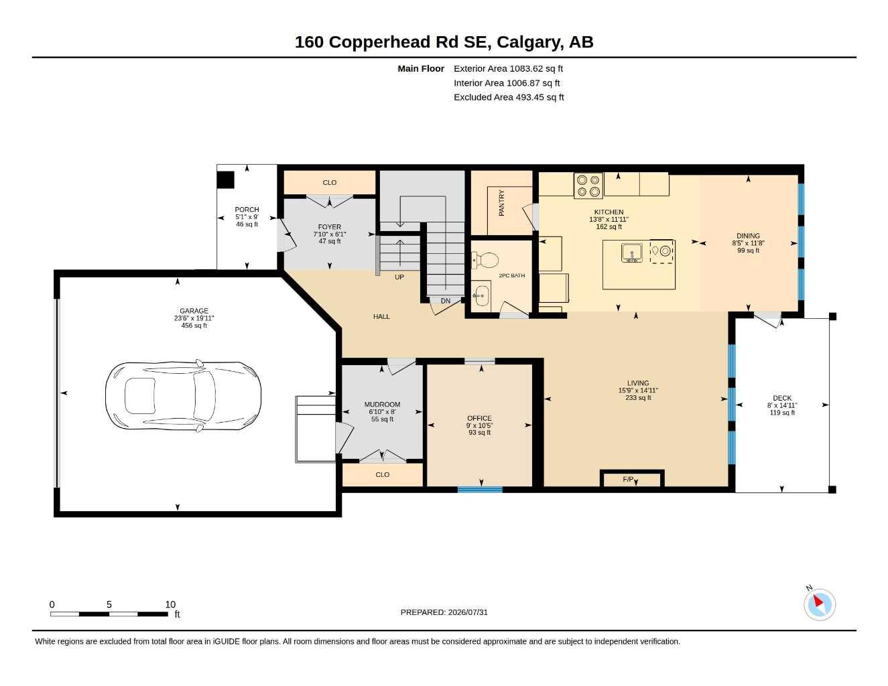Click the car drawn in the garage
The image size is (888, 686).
point(183,396)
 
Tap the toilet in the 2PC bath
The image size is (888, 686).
point(485,260)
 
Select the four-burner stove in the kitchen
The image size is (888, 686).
point(588,186)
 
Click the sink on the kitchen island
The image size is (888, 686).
point(631,253)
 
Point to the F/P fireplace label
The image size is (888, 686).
point(628,479)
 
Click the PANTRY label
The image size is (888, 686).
point(501,203)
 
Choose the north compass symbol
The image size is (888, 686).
point(820,605)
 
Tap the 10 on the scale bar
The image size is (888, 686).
point(170,604)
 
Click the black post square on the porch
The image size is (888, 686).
point(225,180)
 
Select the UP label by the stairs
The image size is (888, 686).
point(399,277)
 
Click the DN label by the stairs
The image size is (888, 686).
point(446,301)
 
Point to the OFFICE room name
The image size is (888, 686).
point(479,418)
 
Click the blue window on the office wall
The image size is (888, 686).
point(480,489)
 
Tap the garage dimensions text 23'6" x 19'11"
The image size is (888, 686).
point(194,318)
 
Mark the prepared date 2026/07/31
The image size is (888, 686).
point(468,612)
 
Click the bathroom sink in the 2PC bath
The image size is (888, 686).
point(482,293)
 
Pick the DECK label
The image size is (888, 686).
point(782,398)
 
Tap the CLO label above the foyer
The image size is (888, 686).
point(329,182)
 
